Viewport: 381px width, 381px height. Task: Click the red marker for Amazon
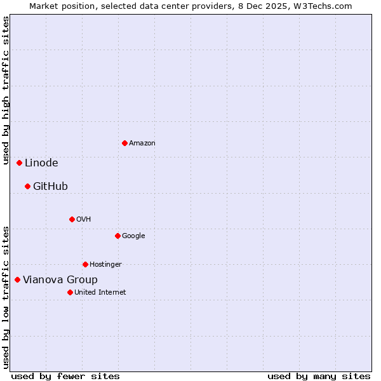coord(124,143)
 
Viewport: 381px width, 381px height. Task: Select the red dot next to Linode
coord(20,163)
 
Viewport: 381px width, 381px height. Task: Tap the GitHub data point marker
coord(27,186)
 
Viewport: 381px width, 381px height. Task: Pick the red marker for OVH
coord(72,219)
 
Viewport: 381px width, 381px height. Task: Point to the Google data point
coord(117,236)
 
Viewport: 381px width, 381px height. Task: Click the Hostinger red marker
coord(85,264)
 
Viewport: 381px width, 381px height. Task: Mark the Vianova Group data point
coord(17,279)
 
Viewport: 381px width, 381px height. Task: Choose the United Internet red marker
coord(70,292)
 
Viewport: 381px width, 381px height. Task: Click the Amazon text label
coord(142,144)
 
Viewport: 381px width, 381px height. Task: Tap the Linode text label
coord(41,163)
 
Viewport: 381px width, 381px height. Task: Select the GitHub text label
coord(50,187)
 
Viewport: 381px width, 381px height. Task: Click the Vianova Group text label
coord(60,280)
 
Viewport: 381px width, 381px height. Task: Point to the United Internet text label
coord(100,293)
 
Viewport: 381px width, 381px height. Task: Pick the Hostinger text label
coord(105,265)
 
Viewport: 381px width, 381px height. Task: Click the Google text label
coord(133,236)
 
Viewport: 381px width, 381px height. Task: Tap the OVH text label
coord(83,220)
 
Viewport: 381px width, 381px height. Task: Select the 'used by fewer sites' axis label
coord(65,376)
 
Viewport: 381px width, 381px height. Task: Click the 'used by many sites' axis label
coord(319,376)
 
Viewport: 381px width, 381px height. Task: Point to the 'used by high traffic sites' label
coord(6,91)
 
